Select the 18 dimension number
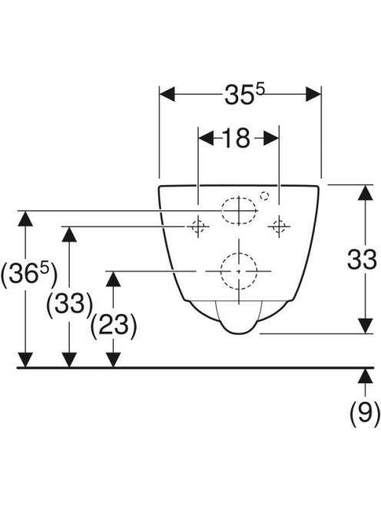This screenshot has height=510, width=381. point(237,138)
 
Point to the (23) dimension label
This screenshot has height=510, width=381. point(113,326)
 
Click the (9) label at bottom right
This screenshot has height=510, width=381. point(364,413)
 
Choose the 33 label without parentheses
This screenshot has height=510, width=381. point(362,260)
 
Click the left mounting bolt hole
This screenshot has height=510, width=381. point(198,226)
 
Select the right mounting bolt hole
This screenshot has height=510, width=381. point(279,226)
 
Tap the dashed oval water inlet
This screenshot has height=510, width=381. point(239,210)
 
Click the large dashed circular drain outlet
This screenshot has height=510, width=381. point(239,270)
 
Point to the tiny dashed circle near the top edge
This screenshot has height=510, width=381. point(264,196)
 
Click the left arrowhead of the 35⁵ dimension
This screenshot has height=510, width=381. point(167,94)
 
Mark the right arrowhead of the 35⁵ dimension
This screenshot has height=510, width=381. point(313,94)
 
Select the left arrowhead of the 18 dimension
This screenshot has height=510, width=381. point(206,138)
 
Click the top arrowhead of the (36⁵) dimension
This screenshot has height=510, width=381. point(25,219)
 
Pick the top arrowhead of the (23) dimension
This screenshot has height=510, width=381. point(113,279)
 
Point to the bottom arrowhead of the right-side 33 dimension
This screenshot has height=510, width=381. point(365,326)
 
